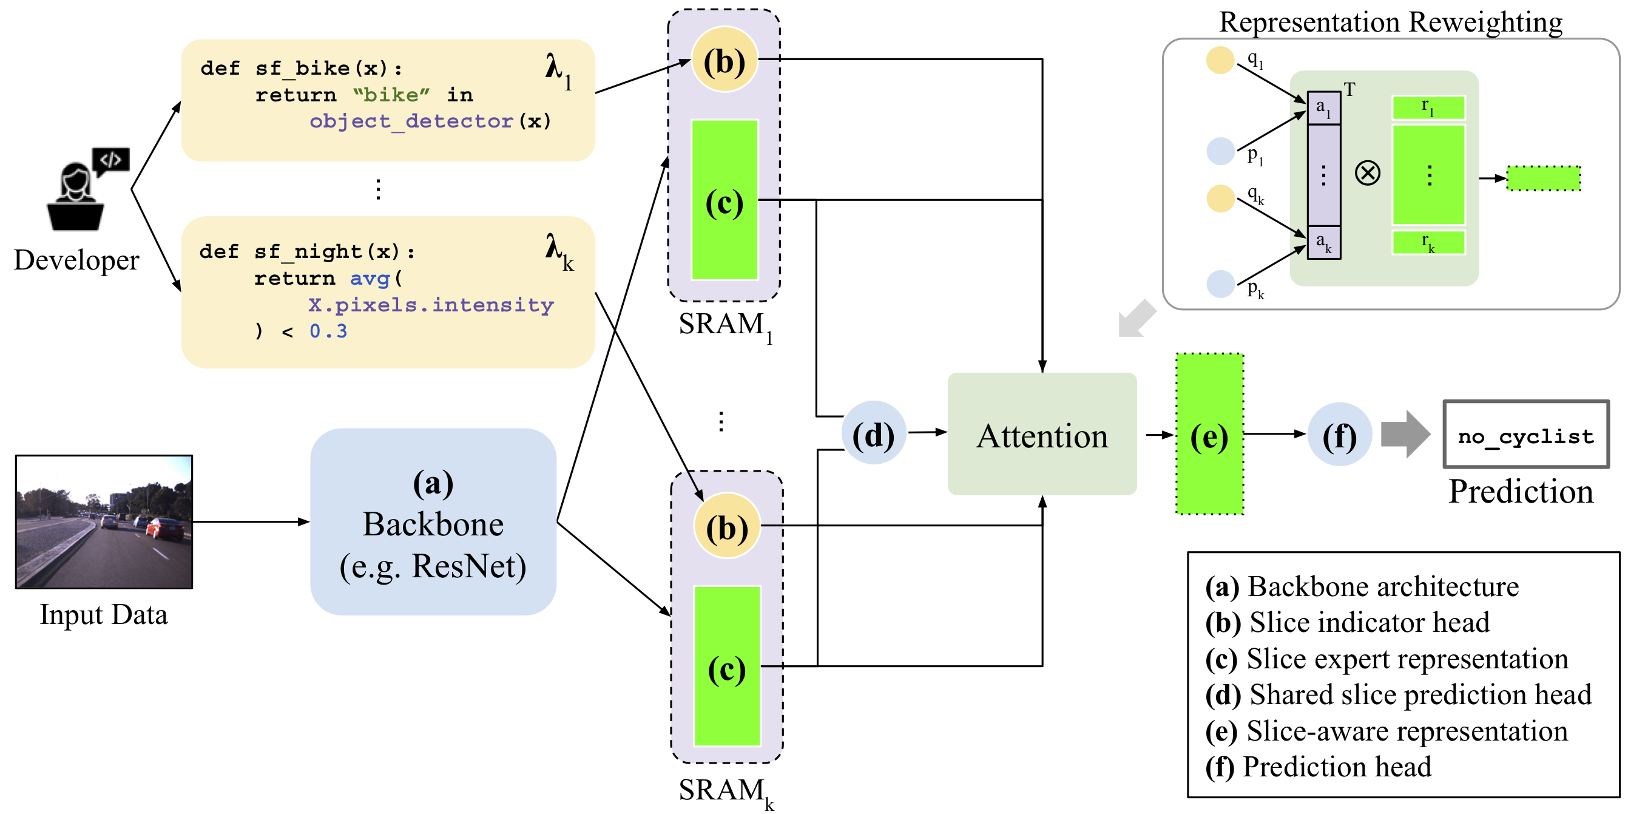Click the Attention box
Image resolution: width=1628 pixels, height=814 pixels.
coord(1041,434)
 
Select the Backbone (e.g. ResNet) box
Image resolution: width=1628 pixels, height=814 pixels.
coord(433,522)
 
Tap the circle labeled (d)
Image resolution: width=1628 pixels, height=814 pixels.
coord(873,433)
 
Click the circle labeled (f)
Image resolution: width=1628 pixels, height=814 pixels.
coord(1339,435)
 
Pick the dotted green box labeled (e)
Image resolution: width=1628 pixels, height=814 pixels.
coord(1209,434)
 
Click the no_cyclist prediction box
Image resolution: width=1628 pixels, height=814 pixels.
coord(1525,435)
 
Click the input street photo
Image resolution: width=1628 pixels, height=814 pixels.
coord(104,522)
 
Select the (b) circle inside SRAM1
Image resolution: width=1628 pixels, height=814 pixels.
coord(724,60)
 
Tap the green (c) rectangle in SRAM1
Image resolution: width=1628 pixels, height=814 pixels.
coord(724,200)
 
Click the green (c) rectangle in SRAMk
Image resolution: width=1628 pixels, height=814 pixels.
coord(727,666)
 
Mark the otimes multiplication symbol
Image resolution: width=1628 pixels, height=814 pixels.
coord(1367,172)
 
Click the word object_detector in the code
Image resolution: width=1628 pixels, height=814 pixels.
coord(411,121)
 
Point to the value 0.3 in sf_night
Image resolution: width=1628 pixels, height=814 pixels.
coord(328,331)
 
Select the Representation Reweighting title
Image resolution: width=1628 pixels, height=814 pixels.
coord(1390,22)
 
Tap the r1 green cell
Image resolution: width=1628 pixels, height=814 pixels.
coord(1428,107)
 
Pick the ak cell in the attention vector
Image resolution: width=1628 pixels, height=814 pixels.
coord(1323,242)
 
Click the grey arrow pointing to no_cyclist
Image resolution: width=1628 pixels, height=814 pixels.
coord(1404,434)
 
